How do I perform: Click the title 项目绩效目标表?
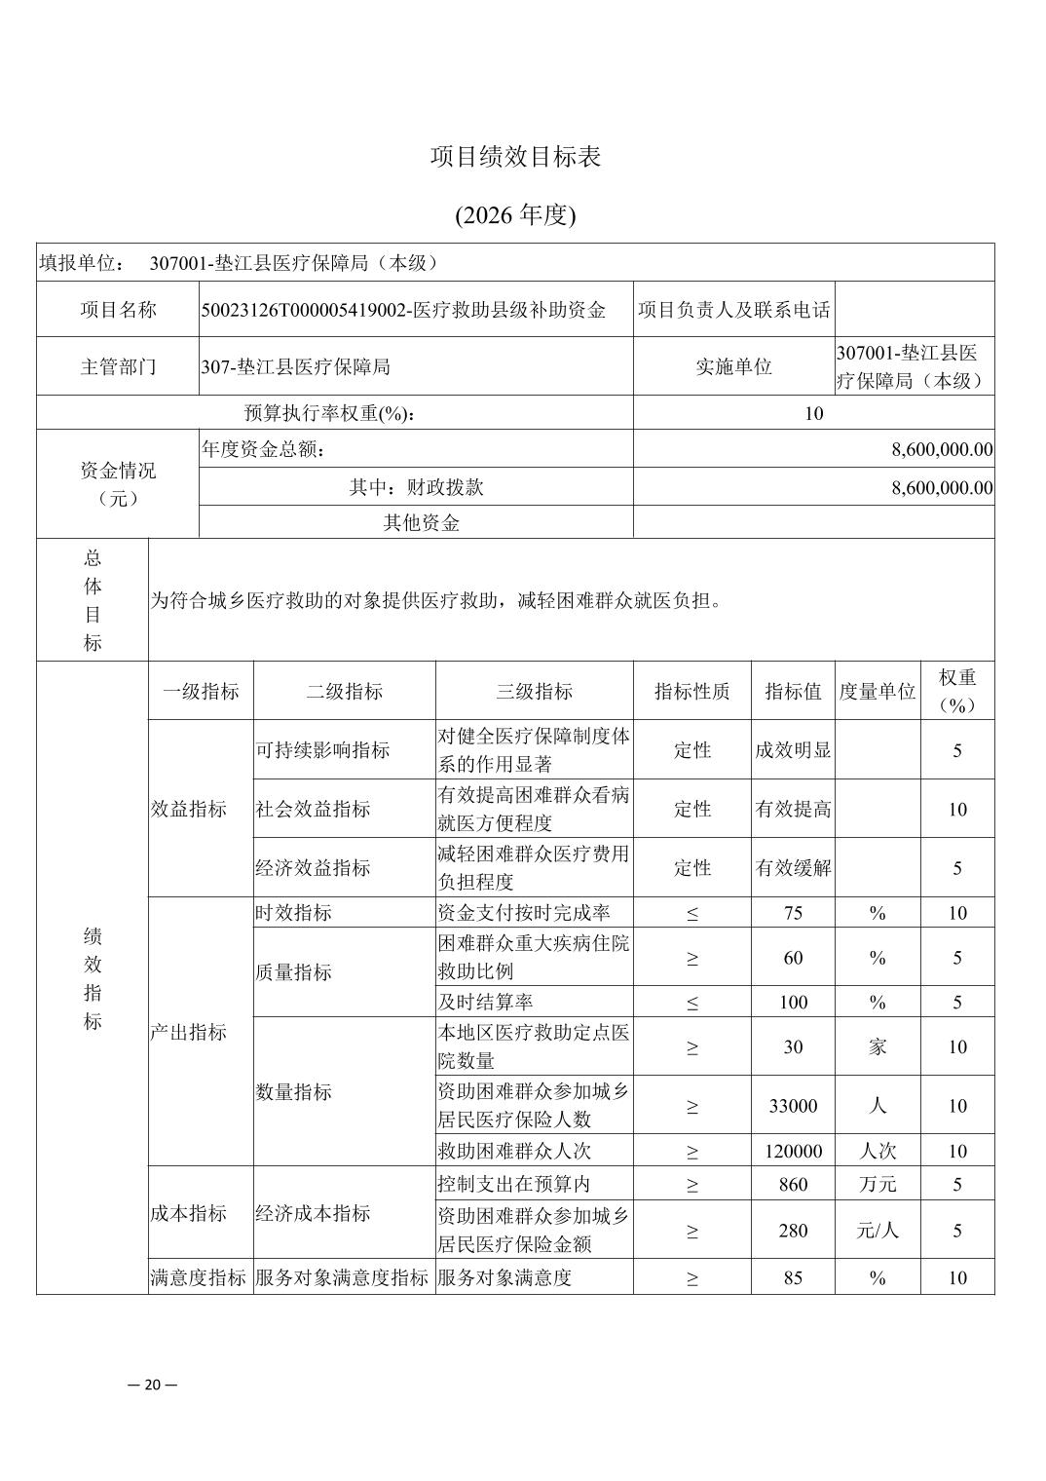(x=515, y=157)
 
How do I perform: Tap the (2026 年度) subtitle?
(x=515, y=215)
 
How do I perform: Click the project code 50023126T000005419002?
(x=303, y=310)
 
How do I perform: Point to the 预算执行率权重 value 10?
(x=813, y=413)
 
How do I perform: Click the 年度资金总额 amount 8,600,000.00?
(x=941, y=449)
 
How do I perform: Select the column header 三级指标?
(x=534, y=692)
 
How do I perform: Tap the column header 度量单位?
(x=877, y=692)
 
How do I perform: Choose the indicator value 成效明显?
(x=793, y=750)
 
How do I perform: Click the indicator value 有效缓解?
(x=793, y=867)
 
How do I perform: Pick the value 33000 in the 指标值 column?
(x=793, y=1106)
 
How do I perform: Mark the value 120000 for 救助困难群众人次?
(x=793, y=1151)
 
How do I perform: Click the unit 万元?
(x=877, y=1184)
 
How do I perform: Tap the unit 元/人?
(x=877, y=1231)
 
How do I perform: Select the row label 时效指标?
(x=293, y=912)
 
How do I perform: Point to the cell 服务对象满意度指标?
(x=342, y=1277)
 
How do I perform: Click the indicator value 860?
(x=793, y=1184)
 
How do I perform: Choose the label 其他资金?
(x=421, y=522)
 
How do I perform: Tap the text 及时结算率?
(x=485, y=1002)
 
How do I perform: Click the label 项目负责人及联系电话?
(x=733, y=310)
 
